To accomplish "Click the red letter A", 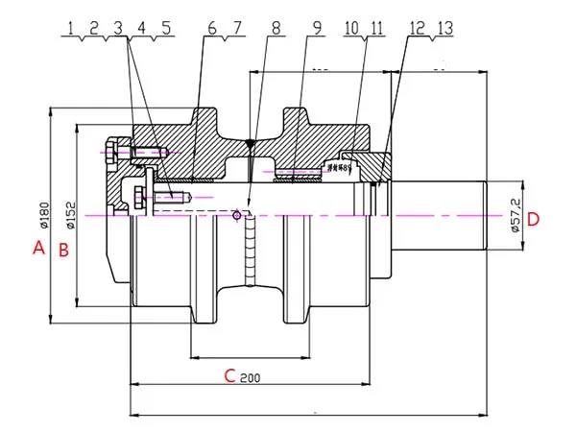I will click(38, 249).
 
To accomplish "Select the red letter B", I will click(62, 250).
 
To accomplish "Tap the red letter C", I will click(229, 375).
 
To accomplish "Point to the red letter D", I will click(534, 219).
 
